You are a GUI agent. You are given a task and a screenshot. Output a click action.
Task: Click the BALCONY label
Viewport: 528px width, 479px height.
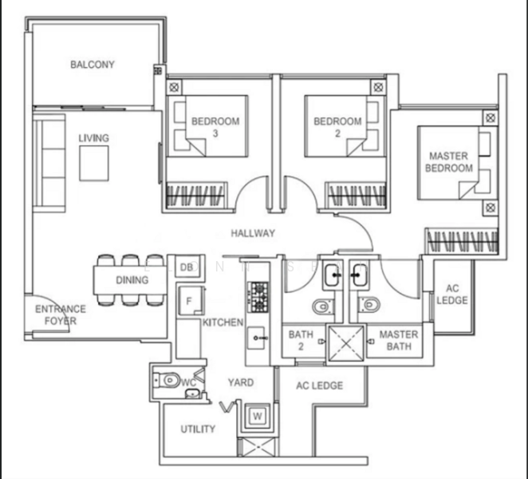(93, 64)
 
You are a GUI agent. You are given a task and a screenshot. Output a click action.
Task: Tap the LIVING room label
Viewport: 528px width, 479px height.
(93, 138)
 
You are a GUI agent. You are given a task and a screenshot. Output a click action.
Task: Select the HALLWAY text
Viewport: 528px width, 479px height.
(253, 233)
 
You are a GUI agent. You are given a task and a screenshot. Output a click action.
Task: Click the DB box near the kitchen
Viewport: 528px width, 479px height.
(186, 267)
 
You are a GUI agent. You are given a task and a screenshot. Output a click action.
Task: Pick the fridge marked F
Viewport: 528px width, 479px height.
(188, 302)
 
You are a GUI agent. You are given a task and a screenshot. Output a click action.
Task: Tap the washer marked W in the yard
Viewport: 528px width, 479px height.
(258, 416)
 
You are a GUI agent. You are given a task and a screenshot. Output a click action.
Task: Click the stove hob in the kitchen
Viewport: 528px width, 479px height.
(259, 296)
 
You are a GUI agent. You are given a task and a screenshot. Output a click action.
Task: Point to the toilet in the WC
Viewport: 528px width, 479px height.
(168, 382)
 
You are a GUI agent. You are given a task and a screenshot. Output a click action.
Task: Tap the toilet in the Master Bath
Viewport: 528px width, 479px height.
(368, 305)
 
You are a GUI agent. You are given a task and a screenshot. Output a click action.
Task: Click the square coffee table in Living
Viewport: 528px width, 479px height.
(93, 164)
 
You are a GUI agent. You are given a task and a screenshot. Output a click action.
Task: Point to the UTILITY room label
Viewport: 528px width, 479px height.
(197, 429)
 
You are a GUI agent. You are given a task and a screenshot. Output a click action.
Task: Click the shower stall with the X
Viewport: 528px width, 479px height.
(341, 342)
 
